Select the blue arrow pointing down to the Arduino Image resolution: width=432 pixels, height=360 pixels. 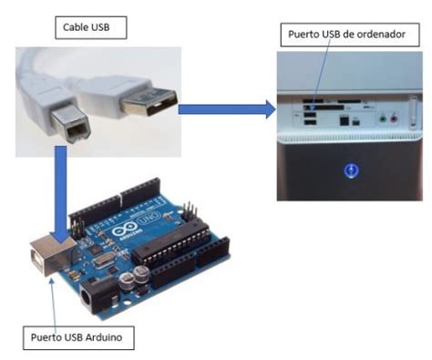pyautogui.click(x=61, y=187)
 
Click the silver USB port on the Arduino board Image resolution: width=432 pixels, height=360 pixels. pyautogui.click(x=46, y=251)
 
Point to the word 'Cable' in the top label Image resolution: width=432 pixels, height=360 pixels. pyautogui.click(x=76, y=28)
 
